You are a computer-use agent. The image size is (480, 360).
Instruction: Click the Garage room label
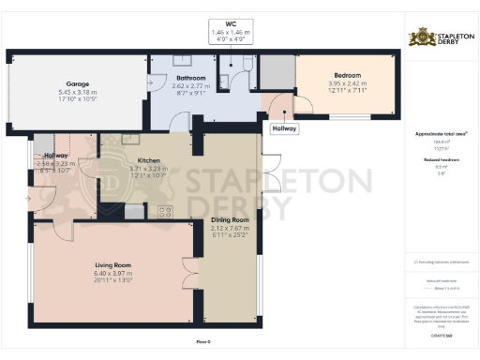tap(78, 83)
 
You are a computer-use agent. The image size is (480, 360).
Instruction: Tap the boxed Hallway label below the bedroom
tap(283, 128)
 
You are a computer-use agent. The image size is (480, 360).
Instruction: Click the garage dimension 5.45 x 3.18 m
tap(78, 92)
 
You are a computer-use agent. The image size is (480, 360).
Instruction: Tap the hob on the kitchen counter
tap(165, 210)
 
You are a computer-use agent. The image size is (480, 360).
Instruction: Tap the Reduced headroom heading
tap(435, 160)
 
